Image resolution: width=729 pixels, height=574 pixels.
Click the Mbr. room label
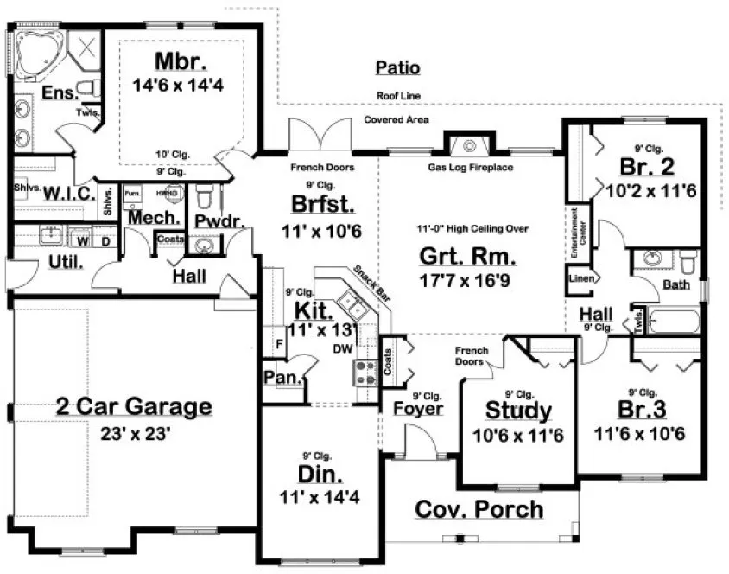(x=180, y=62)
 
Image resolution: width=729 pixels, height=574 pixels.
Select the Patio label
(x=398, y=67)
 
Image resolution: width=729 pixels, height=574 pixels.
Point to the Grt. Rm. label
(x=467, y=256)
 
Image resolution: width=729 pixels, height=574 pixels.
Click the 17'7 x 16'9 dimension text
(x=467, y=279)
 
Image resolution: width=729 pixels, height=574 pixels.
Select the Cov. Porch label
(x=479, y=509)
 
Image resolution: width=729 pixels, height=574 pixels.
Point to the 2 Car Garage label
(x=134, y=405)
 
